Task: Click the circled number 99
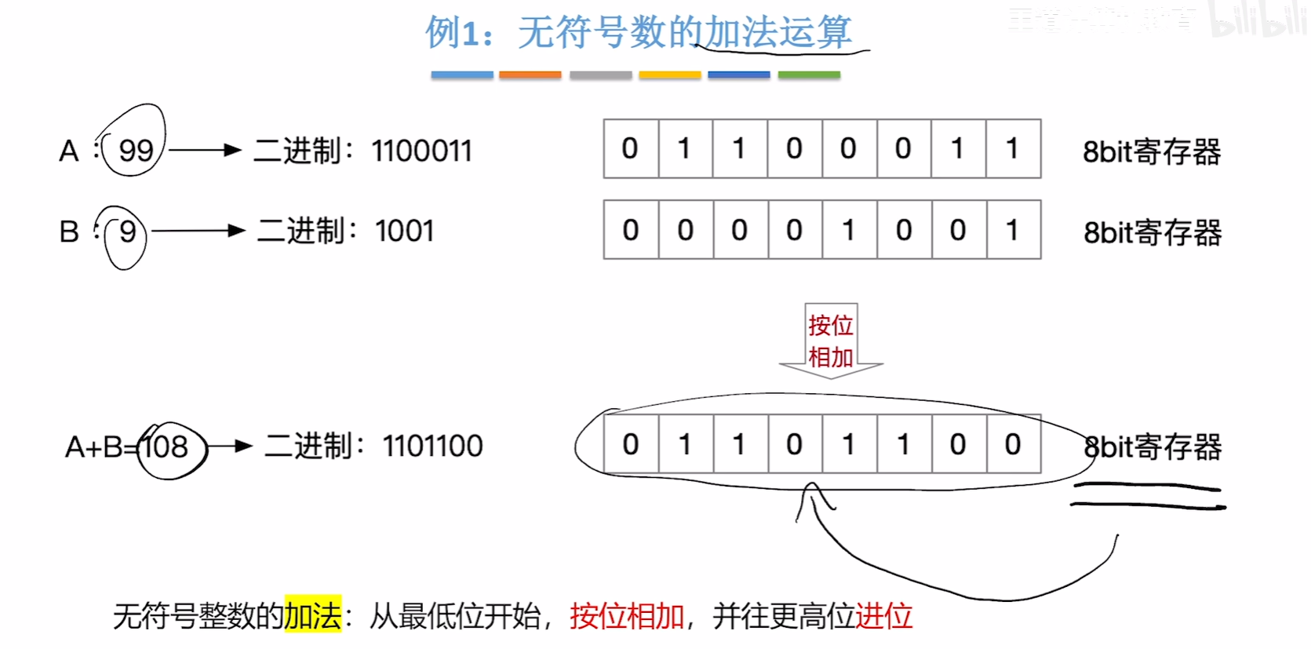click(x=136, y=149)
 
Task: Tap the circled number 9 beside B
click(x=127, y=232)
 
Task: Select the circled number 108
click(x=166, y=447)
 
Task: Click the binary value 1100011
click(x=421, y=151)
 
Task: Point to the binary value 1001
click(x=404, y=232)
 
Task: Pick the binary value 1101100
click(x=432, y=447)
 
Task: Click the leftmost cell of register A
click(x=630, y=149)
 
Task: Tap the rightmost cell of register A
click(x=1013, y=149)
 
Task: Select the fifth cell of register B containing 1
click(x=848, y=230)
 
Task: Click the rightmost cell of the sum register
click(x=1013, y=445)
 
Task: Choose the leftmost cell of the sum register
click(x=631, y=445)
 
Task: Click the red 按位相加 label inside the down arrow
click(x=831, y=341)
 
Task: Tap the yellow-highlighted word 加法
click(x=312, y=616)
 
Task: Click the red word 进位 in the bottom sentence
click(x=883, y=616)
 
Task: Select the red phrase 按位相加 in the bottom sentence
click(x=627, y=616)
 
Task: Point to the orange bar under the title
click(x=530, y=75)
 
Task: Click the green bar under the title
click(x=809, y=75)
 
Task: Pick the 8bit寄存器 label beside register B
click(x=1152, y=233)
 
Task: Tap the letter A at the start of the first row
click(x=69, y=151)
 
